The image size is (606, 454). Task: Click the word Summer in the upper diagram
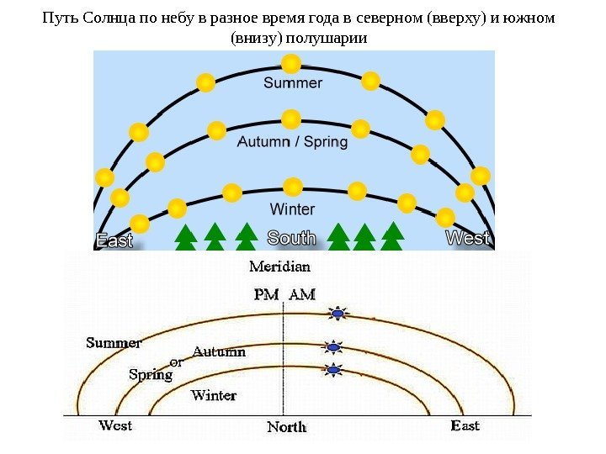293,82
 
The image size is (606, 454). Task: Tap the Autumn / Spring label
292,142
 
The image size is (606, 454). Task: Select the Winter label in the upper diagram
292,209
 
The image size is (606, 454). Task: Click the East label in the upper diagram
114,240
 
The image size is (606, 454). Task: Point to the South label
291,239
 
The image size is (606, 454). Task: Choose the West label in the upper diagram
468,239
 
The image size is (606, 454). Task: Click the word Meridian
280,267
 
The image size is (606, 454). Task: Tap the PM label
265,295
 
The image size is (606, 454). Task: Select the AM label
302,295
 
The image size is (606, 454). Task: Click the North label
287,427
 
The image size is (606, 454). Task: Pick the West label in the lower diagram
115,425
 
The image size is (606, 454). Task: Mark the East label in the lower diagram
465,425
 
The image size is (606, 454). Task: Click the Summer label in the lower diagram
114,343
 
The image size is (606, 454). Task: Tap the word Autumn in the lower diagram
220,351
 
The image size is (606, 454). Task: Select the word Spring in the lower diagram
150,375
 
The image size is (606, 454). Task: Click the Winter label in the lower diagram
214,395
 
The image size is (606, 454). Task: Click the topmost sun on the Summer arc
291,63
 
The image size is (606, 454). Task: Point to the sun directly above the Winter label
293,186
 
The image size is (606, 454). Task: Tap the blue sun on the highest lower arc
338,314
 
